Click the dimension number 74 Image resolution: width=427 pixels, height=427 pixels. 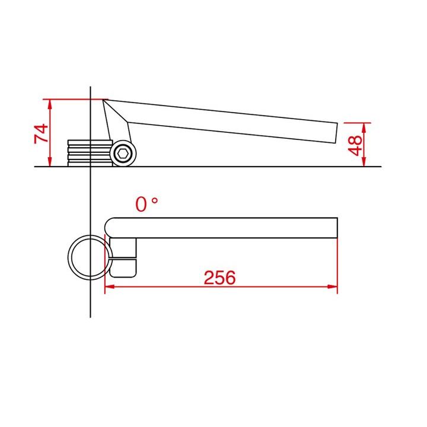pos(41,133)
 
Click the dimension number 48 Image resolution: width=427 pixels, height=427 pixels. pos(355,145)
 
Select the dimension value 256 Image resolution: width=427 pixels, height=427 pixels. pos(219,278)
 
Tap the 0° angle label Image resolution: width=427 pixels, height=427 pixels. pos(146,204)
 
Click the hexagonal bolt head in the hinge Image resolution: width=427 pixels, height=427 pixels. pos(123,154)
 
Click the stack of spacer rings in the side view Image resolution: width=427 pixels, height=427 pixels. pos(90,153)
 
